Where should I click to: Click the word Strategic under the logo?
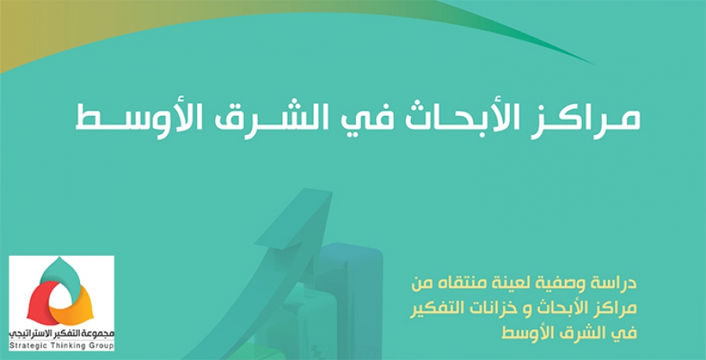(26, 345)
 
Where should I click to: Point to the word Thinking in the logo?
(64, 345)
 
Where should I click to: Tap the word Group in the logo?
(98, 345)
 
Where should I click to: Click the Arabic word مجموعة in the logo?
(100, 334)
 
